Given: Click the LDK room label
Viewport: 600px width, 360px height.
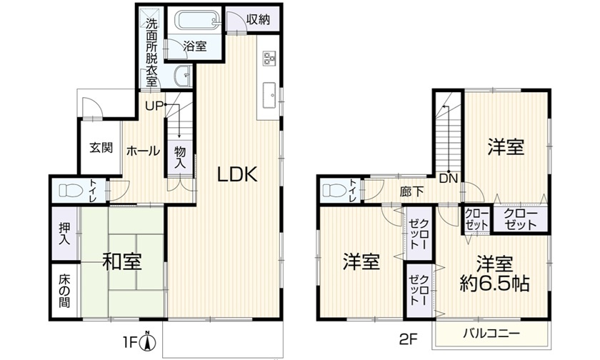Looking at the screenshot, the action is tap(237, 174).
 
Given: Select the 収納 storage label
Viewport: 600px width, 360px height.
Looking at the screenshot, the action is tap(258, 19).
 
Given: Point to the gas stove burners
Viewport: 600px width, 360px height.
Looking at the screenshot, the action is tap(269, 58).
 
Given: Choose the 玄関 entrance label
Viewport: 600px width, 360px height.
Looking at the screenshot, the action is tap(101, 148).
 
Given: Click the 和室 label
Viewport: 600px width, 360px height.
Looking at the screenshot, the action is tap(122, 261).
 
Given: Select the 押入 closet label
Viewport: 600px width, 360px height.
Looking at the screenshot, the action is tap(65, 234).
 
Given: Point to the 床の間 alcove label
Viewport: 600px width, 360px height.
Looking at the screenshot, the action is tap(64, 291).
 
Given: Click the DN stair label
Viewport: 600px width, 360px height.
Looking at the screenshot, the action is tap(449, 179).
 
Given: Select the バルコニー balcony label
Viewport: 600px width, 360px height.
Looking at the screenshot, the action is tap(491, 334).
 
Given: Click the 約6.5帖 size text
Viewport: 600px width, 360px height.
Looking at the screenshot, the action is tap(494, 284).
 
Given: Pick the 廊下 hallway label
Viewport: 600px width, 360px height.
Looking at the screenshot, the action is tap(411, 191).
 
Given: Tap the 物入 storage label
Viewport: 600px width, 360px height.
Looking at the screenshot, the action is tap(180, 157).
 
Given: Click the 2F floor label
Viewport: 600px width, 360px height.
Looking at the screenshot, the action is tap(408, 339).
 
